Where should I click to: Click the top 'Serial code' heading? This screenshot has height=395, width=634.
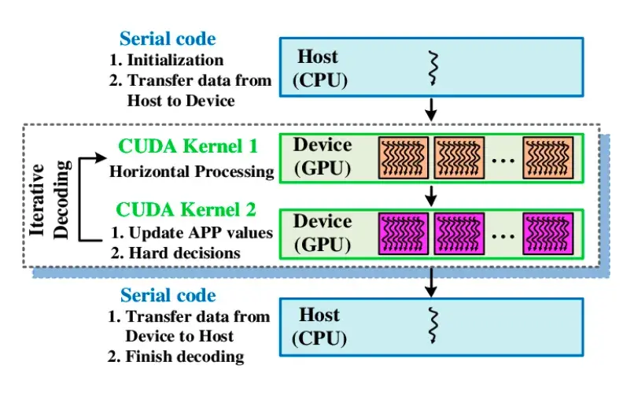pyautogui.click(x=167, y=39)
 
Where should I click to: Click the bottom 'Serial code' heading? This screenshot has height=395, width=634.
pyautogui.click(x=167, y=296)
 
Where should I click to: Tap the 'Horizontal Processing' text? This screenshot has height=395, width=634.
pyautogui.click(x=191, y=171)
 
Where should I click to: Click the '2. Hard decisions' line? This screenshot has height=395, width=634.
pyautogui.click(x=175, y=253)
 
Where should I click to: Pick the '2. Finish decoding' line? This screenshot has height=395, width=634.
pyautogui.click(x=175, y=356)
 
